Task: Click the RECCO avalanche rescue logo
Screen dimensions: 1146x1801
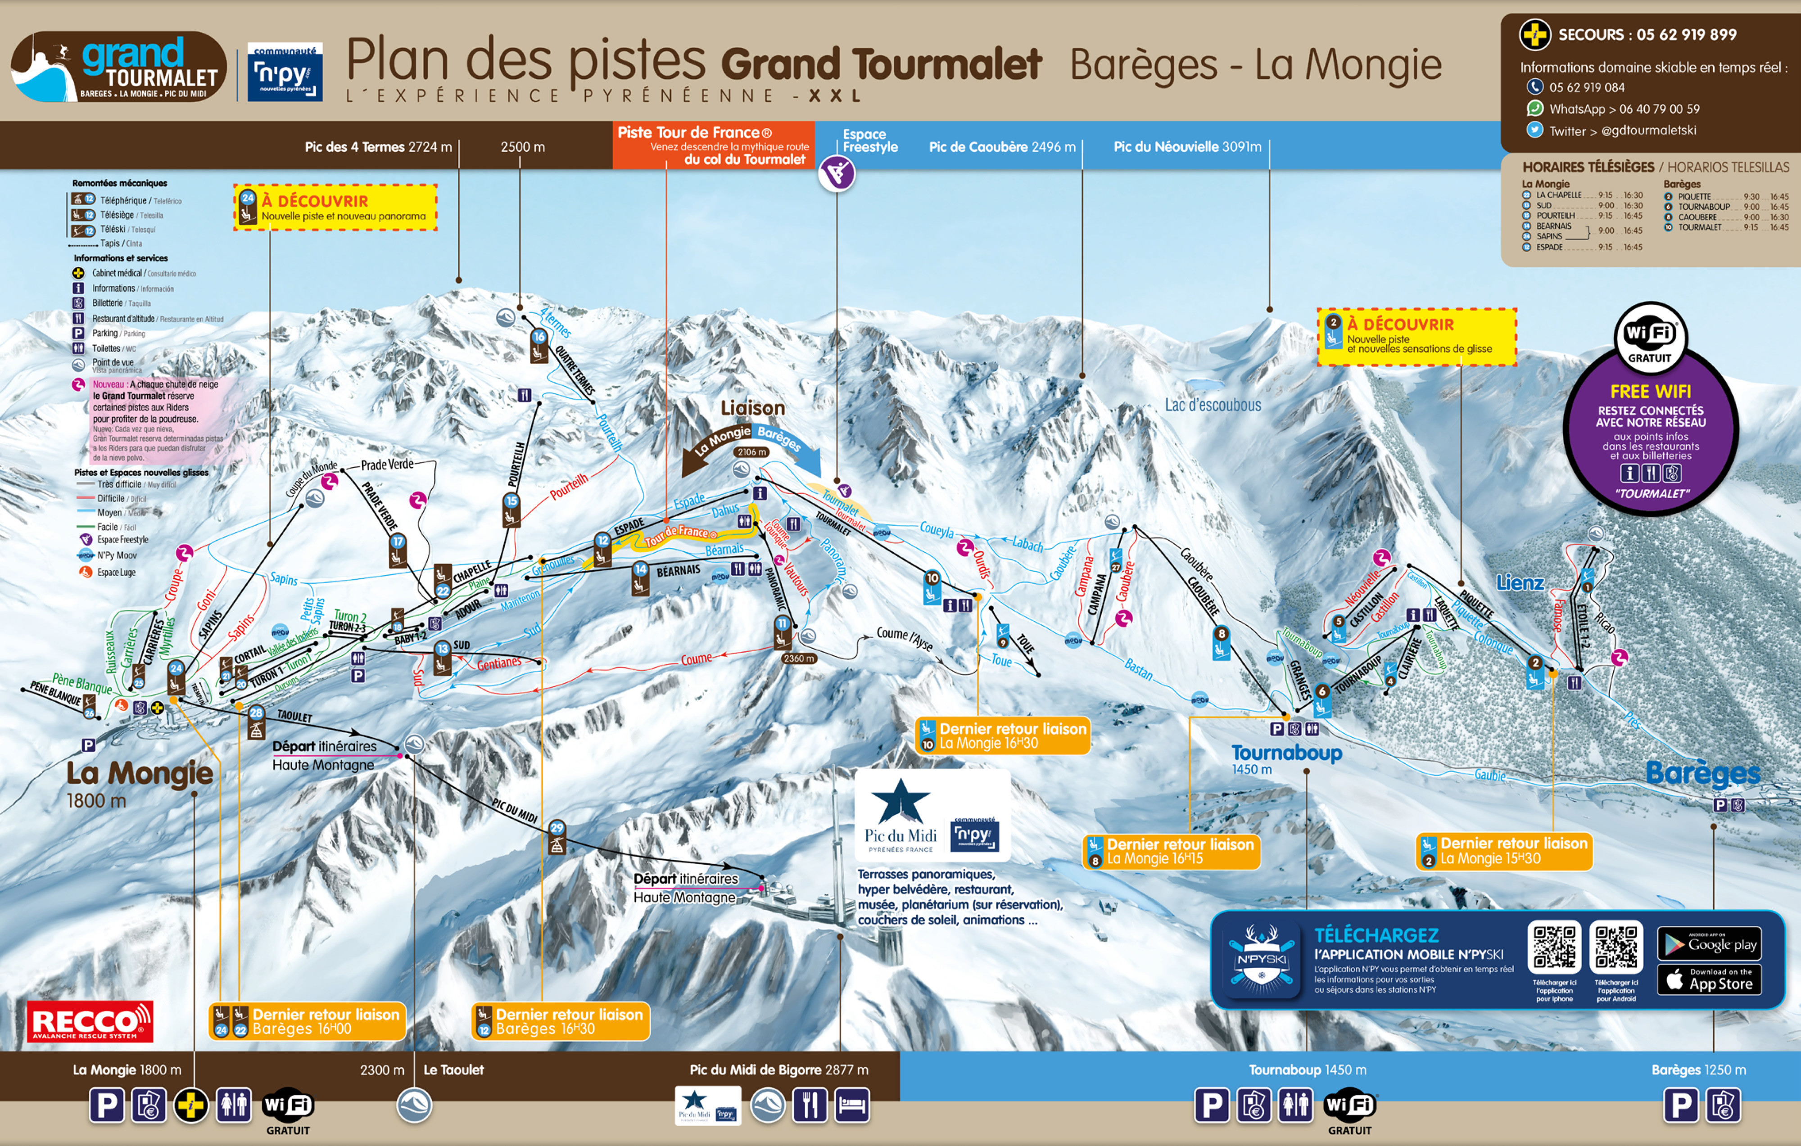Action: pyautogui.click(x=90, y=1021)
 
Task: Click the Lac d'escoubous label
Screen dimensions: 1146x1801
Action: pyautogui.click(x=1213, y=405)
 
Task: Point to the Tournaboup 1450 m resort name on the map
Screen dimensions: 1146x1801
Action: pyautogui.click(x=1286, y=753)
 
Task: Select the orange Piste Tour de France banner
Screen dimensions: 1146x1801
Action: pyautogui.click(x=713, y=145)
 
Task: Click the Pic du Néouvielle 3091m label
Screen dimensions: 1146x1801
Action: pyautogui.click(x=1187, y=147)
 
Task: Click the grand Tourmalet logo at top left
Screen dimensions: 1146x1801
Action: pyautogui.click(x=118, y=67)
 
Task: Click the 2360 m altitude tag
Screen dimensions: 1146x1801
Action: pyautogui.click(x=799, y=659)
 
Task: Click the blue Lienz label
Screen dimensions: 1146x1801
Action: pyautogui.click(x=1520, y=583)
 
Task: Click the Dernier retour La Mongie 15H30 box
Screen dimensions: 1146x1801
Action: pyautogui.click(x=1504, y=851)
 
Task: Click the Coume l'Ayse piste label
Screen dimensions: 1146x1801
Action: pyautogui.click(x=905, y=638)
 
